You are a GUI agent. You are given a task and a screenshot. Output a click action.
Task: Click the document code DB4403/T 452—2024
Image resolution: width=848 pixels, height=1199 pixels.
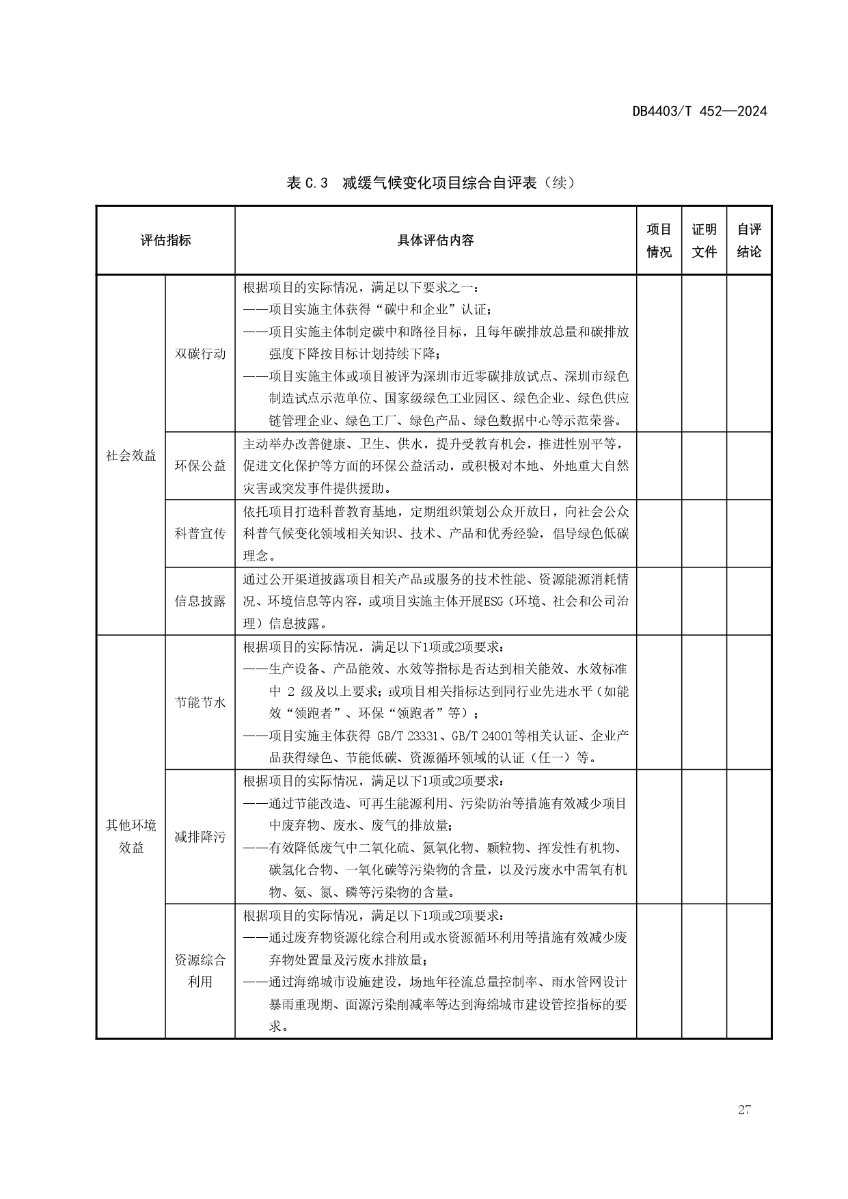699,111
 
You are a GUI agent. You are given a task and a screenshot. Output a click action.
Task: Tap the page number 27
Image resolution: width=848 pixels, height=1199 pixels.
744,1109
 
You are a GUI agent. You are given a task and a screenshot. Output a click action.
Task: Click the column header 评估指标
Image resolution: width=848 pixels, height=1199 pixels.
165,241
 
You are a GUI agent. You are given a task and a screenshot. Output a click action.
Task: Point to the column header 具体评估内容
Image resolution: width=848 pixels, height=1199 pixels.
435,241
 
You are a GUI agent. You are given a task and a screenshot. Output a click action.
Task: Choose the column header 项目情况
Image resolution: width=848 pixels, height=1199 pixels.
659,241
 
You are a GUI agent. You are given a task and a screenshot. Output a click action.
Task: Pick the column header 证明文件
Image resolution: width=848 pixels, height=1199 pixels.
704,241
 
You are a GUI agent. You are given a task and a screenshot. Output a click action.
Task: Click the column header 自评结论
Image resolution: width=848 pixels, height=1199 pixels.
749,241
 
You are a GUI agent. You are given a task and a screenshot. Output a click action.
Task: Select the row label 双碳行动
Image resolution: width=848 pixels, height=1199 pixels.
200,353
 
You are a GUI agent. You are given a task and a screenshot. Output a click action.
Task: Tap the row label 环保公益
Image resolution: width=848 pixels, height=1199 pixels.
200,466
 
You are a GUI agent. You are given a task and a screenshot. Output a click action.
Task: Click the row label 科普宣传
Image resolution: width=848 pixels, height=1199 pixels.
200,533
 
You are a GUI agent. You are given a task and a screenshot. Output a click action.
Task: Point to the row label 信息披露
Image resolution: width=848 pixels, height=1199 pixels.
200,601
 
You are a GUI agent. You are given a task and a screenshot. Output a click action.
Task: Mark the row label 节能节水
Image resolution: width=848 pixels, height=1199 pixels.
200,702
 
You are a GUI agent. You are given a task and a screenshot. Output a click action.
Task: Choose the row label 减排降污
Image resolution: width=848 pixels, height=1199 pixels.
200,837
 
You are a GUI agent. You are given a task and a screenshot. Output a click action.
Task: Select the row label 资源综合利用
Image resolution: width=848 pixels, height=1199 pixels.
200,971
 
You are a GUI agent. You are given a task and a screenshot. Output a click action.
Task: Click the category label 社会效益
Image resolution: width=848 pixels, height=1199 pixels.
131,455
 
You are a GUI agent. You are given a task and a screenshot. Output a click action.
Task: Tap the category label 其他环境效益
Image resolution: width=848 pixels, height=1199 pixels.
131,836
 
